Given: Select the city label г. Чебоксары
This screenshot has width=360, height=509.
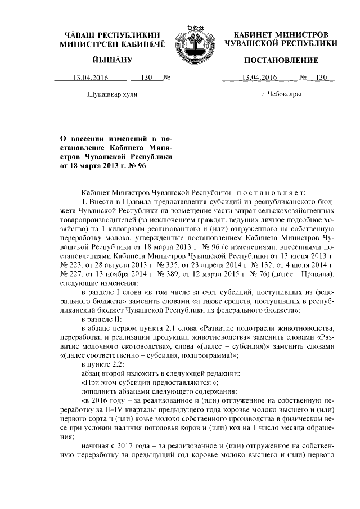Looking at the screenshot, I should (281, 94).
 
